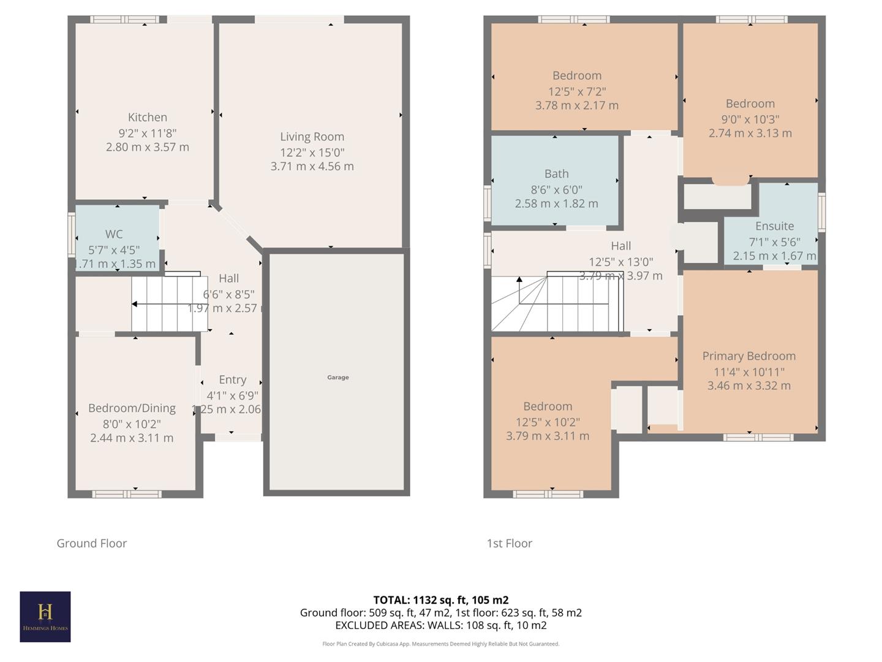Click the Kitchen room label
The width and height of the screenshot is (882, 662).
coord(147,117)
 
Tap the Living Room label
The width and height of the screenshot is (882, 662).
coord(312,137)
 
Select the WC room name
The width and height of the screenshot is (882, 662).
coord(114,234)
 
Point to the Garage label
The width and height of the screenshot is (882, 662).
coord(337,378)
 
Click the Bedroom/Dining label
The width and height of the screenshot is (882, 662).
coord(132,408)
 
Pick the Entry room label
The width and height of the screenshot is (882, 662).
coord(232,379)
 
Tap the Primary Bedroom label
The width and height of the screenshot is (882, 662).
coord(748,356)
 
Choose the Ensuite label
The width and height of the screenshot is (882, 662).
coord(774,226)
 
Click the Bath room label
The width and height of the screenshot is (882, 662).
coord(556,173)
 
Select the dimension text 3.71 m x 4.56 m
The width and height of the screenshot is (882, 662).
coord(312,166)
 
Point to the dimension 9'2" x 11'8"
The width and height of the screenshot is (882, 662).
coord(147,132)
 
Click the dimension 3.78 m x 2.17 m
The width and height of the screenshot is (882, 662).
coord(576,105)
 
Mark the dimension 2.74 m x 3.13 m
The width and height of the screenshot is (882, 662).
coord(750,133)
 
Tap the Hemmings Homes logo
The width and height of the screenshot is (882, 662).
coord(45,617)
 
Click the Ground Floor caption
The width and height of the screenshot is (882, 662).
coord(91,543)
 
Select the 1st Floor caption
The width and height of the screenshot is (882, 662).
coord(509,543)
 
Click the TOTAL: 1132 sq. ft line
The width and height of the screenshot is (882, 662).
coord(440,600)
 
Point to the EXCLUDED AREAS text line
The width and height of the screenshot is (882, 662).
coord(440,625)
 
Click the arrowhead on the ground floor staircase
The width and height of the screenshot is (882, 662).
coord(134,304)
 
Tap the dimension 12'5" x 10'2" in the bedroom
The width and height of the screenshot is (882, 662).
coord(547,422)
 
